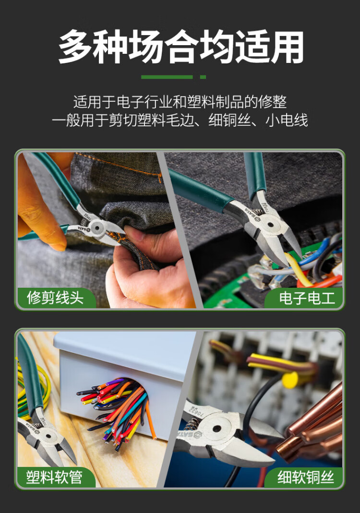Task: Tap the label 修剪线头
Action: coord(55,298)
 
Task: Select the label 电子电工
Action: coord(307,298)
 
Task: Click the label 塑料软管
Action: coord(54,477)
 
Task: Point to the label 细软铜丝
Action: coord(306,477)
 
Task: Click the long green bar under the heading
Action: coord(167,77)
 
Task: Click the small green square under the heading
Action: coord(203,77)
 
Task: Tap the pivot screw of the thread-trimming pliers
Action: coord(97,227)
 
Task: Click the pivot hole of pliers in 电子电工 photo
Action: coord(270,225)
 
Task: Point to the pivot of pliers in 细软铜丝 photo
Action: coord(217,428)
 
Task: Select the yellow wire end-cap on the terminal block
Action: coord(290,380)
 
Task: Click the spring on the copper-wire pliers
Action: coord(192,424)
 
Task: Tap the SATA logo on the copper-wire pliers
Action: coord(189,435)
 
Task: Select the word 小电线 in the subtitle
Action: coord(287,121)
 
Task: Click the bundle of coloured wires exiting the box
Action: coord(118,409)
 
